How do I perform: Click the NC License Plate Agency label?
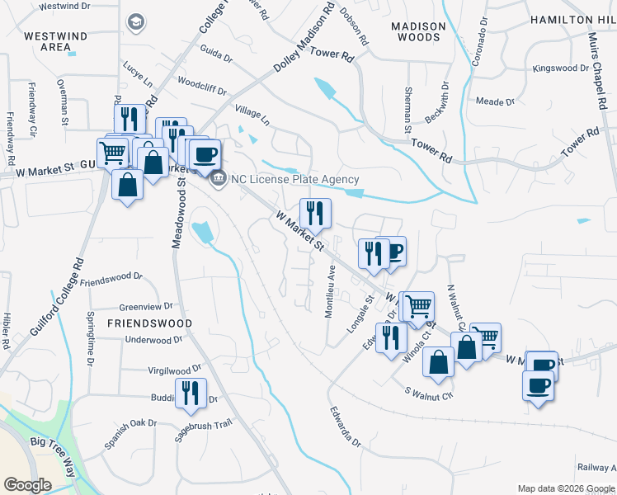(x=295, y=180)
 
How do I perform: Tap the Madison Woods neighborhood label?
(x=418, y=31)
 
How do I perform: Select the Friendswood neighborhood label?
(x=148, y=323)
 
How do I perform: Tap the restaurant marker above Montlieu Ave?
(x=314, y=214)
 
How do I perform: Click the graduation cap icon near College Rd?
(x=135, y=22)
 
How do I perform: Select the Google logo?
(x=28, y=484)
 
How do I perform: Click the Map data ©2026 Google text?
(x=566, y=488)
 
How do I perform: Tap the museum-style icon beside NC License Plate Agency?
(x=219, y=178)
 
